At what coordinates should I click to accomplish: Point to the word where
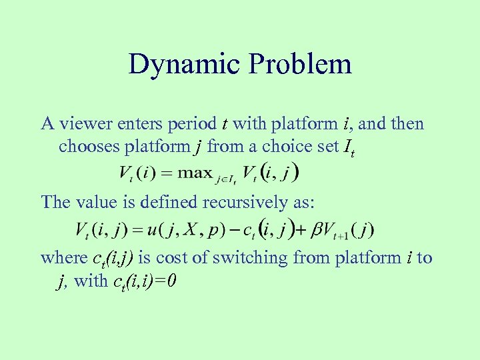tap(63, 258)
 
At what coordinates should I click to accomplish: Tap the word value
tap(92, 201)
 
